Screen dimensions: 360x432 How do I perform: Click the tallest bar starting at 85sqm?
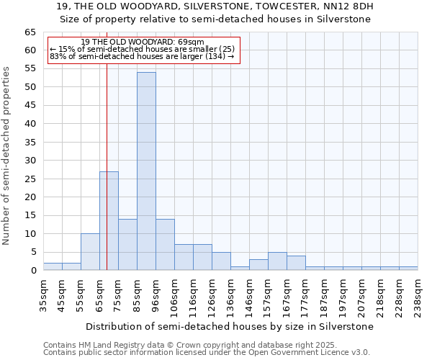click(146, 171)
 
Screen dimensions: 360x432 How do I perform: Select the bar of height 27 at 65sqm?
click(109, 220)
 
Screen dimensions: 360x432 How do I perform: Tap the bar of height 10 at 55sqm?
click(90, 252)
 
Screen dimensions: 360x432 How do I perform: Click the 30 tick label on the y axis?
click(30, 161)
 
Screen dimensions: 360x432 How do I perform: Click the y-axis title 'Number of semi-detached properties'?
click(6, 156)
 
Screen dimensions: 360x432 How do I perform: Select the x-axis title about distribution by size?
click(229, 326)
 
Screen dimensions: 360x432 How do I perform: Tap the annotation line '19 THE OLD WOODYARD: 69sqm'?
click(143, 42)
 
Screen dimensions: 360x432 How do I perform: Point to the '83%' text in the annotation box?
click(58, 56)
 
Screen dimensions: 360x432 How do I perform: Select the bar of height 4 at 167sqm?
click(296, 263)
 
